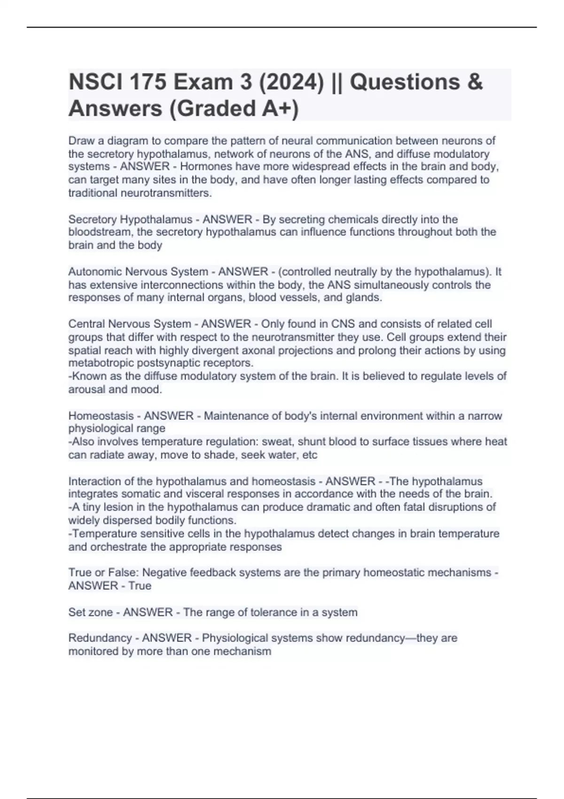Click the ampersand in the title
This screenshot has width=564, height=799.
point(475,82)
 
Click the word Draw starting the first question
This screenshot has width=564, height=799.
point(81,141)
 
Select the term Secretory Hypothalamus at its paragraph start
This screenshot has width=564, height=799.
point(130,219)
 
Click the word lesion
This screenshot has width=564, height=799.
point(111,507)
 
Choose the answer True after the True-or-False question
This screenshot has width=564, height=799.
point(140,586)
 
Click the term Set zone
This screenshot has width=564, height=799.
point(92,612)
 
